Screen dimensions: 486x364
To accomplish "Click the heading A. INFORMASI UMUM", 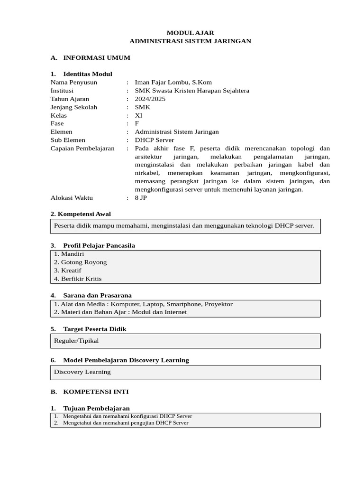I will tap(90, 58).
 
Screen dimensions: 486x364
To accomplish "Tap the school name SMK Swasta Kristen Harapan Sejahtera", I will tap(191, 91).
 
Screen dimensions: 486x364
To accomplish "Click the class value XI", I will tap(138, 115).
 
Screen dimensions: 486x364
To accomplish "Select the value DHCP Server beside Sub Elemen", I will tap(154, 140).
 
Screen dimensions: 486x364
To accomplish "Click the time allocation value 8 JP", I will tap(141, 198).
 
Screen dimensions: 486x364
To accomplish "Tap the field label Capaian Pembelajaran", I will tap(82, 149).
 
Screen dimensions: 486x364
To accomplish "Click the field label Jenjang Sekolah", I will tap(73, 107).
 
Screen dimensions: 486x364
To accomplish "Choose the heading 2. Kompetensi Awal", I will tap(81, 214).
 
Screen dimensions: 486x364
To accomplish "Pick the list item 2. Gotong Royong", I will tap(80, 262).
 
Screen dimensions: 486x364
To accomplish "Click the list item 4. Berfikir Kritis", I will tap(78, 279).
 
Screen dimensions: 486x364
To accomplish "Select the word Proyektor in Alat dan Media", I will tap(219, 304).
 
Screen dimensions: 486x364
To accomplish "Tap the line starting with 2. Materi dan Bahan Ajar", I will tap(120, 312).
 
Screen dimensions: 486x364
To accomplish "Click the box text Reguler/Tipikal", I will tap(76, 341).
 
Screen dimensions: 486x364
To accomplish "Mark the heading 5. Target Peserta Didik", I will tap(88, 329).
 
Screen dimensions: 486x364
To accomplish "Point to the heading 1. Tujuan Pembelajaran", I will tap(90, 408).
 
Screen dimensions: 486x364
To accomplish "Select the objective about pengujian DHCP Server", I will tap(125, 423).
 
